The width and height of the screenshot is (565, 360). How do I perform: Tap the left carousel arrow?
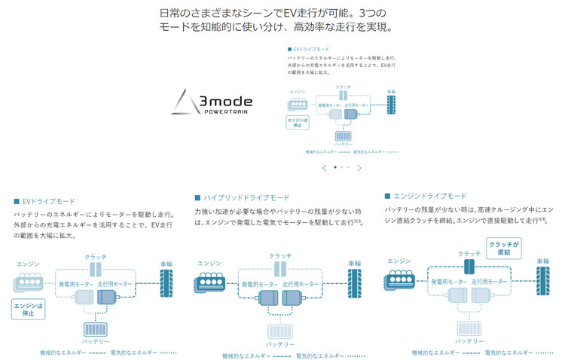[x=324, y=167]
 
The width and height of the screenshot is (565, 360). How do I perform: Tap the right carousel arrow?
[x=359, y=167]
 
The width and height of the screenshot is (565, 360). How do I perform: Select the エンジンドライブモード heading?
[x=429, y=196]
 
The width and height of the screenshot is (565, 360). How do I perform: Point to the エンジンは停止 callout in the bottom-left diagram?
[x=29, y=310]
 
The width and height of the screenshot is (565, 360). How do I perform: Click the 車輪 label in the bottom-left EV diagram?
[x=166, y=264]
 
